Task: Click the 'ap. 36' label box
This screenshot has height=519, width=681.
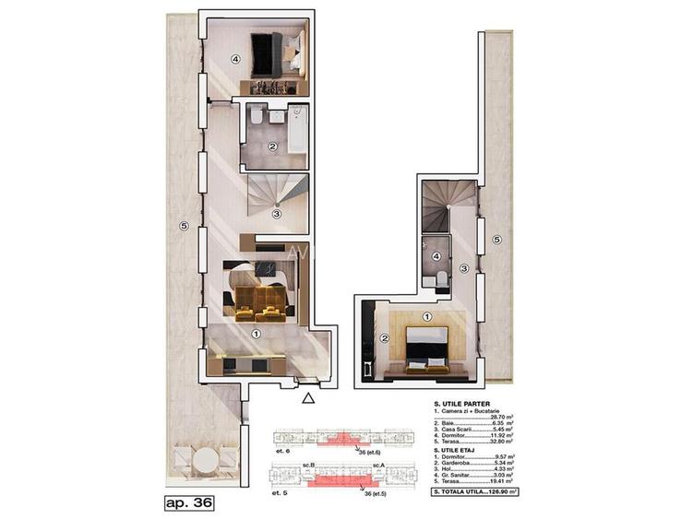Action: click(188, 502)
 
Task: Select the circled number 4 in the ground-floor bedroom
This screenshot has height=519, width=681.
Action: click(235, 60)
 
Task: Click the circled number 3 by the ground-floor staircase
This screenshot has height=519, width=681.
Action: click(276, 215)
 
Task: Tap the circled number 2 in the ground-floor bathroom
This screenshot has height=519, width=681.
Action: click(271, 147)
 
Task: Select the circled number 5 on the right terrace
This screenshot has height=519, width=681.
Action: click(496, 241)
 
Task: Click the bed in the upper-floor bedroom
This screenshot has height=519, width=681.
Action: click(425, 349)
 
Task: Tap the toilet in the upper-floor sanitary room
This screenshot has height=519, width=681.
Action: click(441, 278)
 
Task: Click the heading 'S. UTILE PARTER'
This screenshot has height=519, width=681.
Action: click(462, 404)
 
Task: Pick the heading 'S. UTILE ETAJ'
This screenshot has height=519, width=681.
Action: click(458, 450)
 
